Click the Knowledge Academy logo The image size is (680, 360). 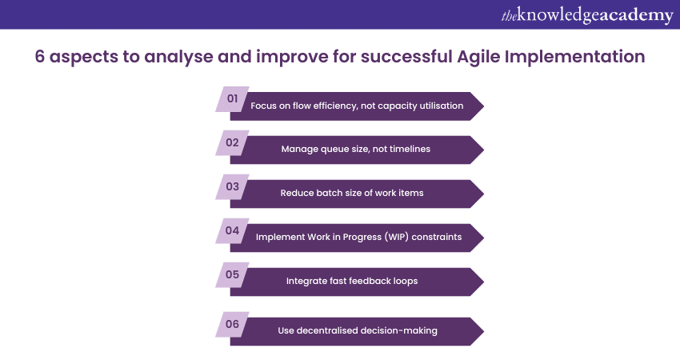pyautogui.click(x=587, y=15)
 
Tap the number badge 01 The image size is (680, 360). pyautogui.click(x=233, y=99)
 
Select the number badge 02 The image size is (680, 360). pyautogui.click(x=233, y=142)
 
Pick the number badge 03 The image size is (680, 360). pyautogui.click(x=233, y=186)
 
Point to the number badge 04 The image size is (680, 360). pyautogui.click(x=233, y=230)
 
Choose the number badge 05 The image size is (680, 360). pyautogui.click(x=233, y=274)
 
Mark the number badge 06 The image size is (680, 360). pyautogui.click(x=233, y=324)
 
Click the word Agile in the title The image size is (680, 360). pyautogui.click(x=478, y=57)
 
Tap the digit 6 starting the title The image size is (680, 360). pyautogui.click(x=40, y=57)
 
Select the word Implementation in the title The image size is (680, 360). pyautogui.click(x=574, y=57)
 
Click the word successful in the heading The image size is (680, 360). pyautogui.click(x=406, y=57)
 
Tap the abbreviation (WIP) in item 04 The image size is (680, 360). pyautogui.click(x=396, y=237)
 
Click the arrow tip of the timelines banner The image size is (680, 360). pyautogui.click(x=483, y=150)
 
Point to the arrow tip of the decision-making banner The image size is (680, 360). pyautogui.click(x=483, y=331)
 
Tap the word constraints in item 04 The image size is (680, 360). pyautogui.click(x=437, y=237)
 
